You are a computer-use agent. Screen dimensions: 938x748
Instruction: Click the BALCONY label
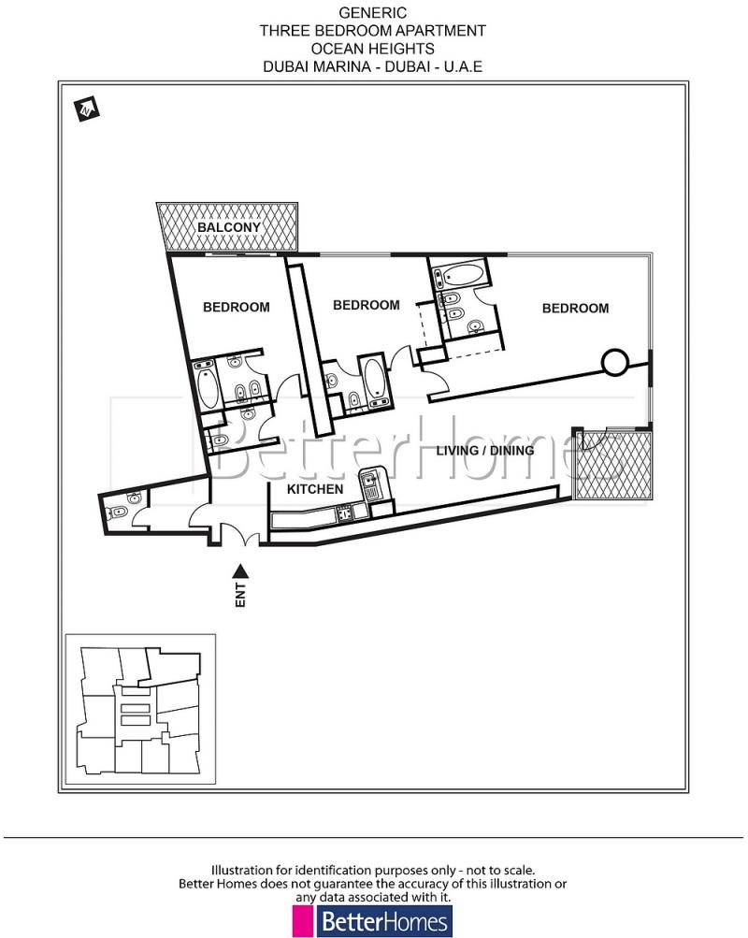click(x=228, y=227)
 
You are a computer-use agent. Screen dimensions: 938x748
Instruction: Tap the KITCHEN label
click(x=314, y=489)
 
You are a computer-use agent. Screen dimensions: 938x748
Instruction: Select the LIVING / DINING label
click(x=485, y=450)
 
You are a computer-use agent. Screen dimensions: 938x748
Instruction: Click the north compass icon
click(x=88, y=108)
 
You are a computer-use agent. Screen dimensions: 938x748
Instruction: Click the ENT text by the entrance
click(x=240, y=596)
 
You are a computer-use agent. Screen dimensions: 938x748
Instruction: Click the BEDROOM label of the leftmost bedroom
click(x=237, y=307)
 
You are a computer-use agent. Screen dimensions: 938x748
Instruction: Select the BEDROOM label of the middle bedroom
click(x=366, y=305)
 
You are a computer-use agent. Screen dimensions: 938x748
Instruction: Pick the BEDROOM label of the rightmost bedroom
click(x=575, y=308)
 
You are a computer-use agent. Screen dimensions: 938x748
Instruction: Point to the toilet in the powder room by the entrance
click(x=119, y=512)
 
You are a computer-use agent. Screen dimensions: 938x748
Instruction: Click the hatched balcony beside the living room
click(x=612, y=464)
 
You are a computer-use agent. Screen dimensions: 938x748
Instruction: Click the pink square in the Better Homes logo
click(x=303, y=921)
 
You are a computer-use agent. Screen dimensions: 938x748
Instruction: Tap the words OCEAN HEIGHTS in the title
click(x=372, y=49)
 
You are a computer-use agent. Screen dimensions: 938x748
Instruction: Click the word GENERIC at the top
click(x=372, y=13)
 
